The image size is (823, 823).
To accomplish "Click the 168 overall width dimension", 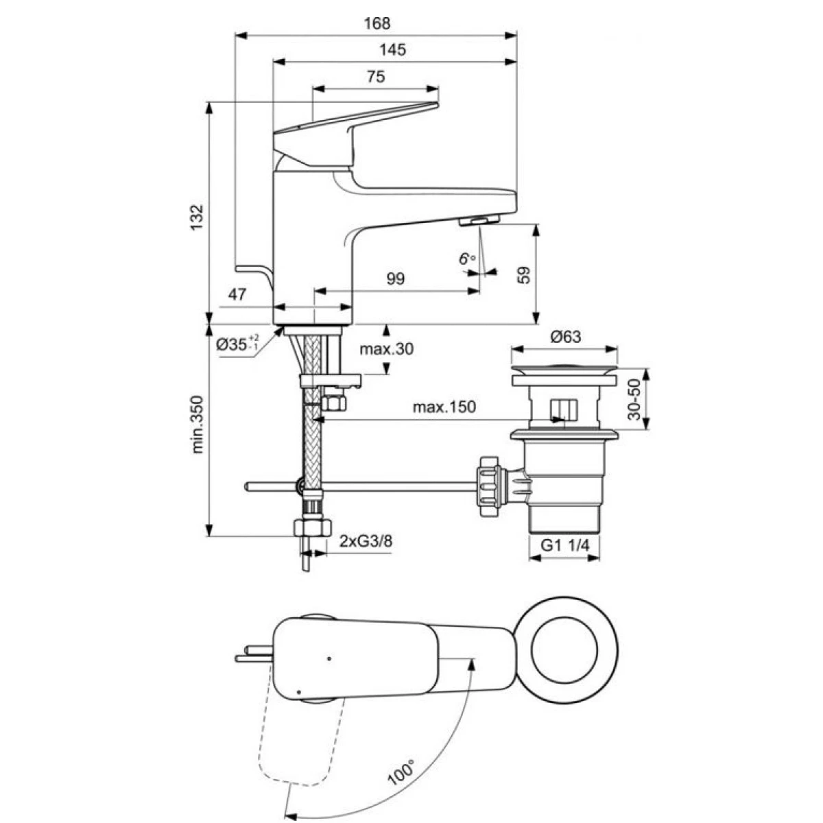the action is [377, 23].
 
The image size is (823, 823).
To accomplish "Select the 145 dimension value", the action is [393, 49].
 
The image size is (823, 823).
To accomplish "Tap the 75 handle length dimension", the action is [376, 76].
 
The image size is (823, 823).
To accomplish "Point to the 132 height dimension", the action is [197, 217].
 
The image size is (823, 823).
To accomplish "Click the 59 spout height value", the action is [523, 275].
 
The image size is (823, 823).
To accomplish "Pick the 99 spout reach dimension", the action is [396, 279].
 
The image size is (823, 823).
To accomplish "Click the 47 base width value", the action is [237, 294].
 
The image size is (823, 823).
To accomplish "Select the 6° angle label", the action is [467, 259].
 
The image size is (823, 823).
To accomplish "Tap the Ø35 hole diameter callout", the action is [237, 344].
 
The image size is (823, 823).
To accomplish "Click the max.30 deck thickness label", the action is [387, 349].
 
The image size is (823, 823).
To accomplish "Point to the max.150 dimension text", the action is [444, 406].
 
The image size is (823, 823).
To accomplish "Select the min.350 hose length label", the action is [198, 425].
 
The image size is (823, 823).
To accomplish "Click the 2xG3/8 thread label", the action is [366, 542].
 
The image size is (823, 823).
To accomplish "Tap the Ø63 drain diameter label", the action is [565, 337].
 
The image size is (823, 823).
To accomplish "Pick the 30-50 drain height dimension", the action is [635, 399].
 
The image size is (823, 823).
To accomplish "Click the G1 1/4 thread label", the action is [565, 545].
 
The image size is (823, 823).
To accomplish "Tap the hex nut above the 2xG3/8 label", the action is [313, 527].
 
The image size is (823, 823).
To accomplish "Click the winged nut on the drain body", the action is [490, 486].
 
